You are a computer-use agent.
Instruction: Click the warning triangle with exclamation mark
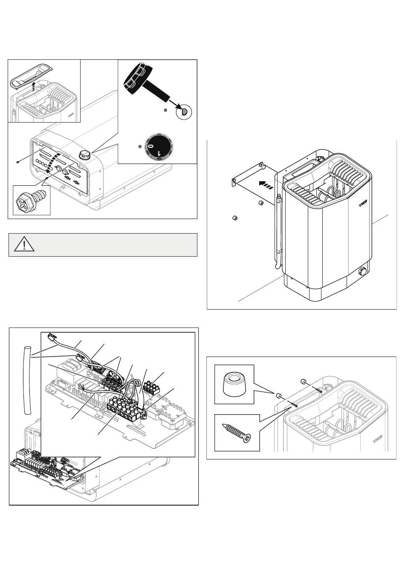pyautogui.click(x=25, y=245)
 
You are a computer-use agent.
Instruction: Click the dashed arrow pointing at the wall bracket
pyautogui.click(x=265, y=184)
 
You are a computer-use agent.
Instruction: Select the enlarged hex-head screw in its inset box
pyautogui.click(x=30, y=200)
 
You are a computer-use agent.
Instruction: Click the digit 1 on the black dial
pyautogui.click(x=159, y=153)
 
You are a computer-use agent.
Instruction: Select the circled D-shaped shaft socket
pyautogui.click(x=184, y=112)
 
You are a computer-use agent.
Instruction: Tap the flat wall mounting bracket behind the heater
pyautogui.click(x=252, y=181)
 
